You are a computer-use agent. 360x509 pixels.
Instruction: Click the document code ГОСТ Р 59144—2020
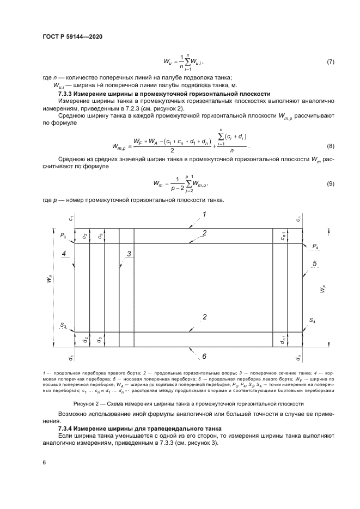(72, 36)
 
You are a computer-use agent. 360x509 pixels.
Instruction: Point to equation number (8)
(330, 147)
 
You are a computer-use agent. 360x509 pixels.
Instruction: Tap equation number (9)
(330, 185)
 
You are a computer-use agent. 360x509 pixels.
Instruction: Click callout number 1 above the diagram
(204, 214)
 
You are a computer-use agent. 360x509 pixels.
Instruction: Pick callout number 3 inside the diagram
(129, 254)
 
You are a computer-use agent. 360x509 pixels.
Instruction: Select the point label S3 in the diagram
(63, 325)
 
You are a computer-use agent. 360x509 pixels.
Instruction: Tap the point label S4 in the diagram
(313, 321)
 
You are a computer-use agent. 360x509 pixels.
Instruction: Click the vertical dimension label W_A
(50, 279)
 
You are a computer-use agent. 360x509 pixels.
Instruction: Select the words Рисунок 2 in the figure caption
(87, 403)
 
